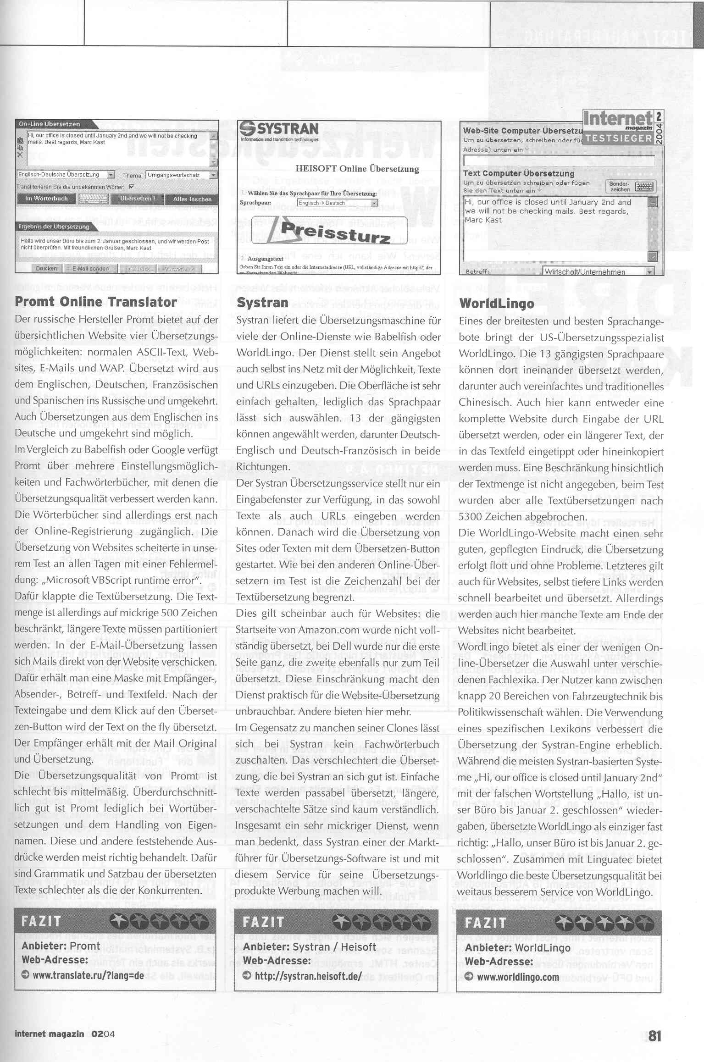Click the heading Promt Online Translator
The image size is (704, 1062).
tap(95, 302)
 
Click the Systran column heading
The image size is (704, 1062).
tap(262, 303)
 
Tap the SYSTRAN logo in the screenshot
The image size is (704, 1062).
tap(280, 131)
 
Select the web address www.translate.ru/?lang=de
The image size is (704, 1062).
tap(88, 975)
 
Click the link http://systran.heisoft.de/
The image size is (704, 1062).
tap(308, 976)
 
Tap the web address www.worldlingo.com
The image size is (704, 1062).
tap(518, 977)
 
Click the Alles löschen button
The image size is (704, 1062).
tap(192, 199)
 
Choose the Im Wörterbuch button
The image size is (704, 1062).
tap(46, 199)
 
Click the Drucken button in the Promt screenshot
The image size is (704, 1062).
tap(46, 269)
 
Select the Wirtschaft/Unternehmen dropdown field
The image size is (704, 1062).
tap(598, 271)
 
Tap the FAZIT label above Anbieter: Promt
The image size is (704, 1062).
tap(41, 921)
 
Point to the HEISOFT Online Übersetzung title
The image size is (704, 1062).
tap(357, 169)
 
